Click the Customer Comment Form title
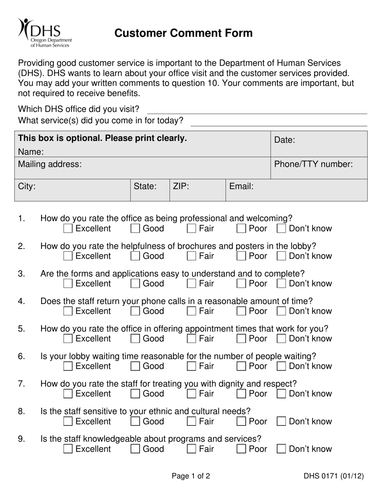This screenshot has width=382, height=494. click(183, 33)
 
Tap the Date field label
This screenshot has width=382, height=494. click(285, 140)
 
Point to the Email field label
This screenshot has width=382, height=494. click(241, 186)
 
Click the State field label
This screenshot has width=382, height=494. click(145, 186)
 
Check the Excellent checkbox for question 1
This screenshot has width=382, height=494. click(68, 229)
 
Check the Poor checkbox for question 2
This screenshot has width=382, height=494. click(241, 256)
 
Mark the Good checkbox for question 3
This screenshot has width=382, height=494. click(136, 284)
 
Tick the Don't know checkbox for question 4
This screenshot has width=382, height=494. click(282, 311)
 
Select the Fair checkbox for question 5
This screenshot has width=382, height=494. click(192, 339)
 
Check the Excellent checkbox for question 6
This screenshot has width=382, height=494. click(68, 366)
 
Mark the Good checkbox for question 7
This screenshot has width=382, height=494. click(136, 394)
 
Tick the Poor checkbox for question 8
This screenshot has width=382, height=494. click(241, 422)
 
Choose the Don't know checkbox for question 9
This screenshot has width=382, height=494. click(282, 449)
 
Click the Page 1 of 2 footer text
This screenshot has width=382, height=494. click(191, 476)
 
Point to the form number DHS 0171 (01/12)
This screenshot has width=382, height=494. click(333, 476)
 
